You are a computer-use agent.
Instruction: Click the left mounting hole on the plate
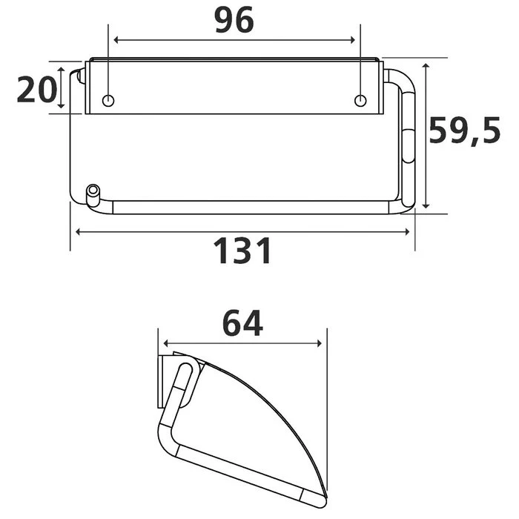[108, 100]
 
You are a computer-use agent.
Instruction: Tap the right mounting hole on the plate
[360, 100]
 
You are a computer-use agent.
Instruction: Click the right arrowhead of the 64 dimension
[320, 344]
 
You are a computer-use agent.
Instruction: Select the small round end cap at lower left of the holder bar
[93, 191]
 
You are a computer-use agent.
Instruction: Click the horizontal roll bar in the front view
[252, 206]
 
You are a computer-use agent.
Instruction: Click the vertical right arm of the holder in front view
[409, 141]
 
